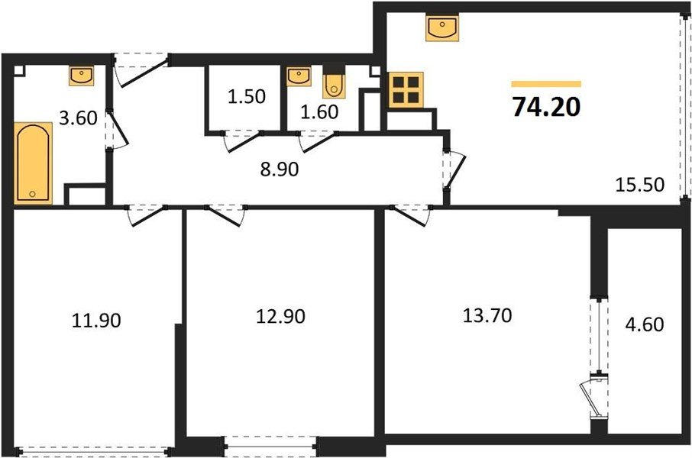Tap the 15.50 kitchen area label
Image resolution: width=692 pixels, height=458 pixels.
point(639,184)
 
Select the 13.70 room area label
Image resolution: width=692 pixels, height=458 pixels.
point(487,314)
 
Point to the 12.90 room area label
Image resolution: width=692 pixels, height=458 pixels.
point(280,315)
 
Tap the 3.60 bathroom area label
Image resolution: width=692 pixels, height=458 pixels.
point(80,118)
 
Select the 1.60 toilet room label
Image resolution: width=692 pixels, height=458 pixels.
point(320,112)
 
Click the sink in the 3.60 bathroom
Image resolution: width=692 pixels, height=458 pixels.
point(81,75)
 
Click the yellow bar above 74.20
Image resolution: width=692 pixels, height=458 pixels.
point(546,84)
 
